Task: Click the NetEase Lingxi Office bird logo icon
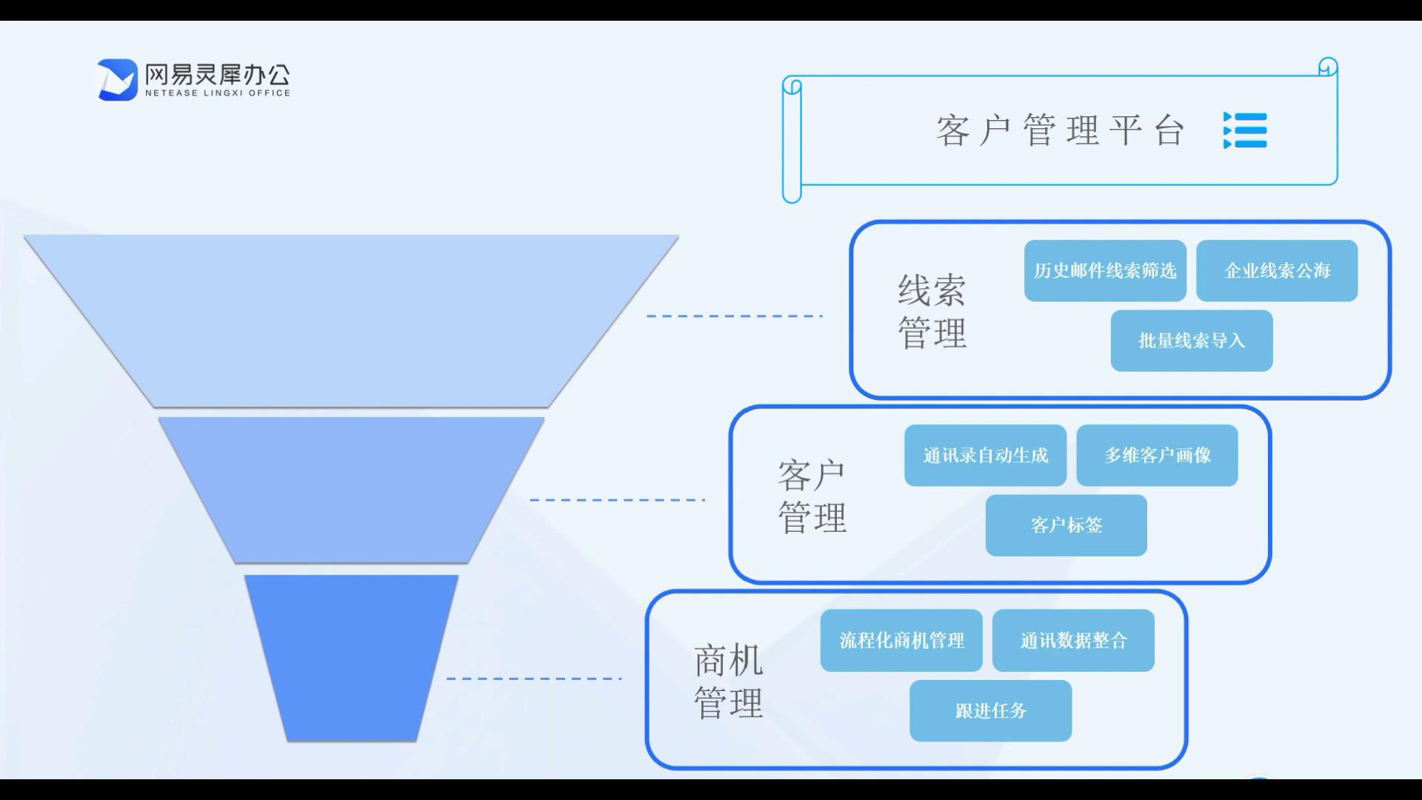[x=118, y=80]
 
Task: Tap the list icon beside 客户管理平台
[x=1245, y=130]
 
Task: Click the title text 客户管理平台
[x=1061, y=130]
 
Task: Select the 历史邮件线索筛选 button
[x=1105, y=270]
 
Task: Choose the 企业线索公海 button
[x=1277, y=270]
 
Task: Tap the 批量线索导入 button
[x=1192, y=341]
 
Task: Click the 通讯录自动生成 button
[x=985, y=456]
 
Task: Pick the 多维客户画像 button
[x=1157, y=456]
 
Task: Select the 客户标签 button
[x=1066, y=525]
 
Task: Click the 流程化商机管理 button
[x=901, y=641]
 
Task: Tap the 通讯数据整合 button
[x=1073, y=641]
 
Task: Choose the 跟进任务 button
[x=991, y=711]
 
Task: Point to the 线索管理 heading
[x=932, y=312]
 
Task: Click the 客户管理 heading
[x=812, y=496]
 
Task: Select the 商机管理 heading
[x=728, y=681]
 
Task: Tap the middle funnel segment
[x=351, y=490]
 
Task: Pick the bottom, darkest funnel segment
[x=351, y=658]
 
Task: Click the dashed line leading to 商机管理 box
[x=533, y=679]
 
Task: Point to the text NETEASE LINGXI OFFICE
[x=218, y=93]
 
